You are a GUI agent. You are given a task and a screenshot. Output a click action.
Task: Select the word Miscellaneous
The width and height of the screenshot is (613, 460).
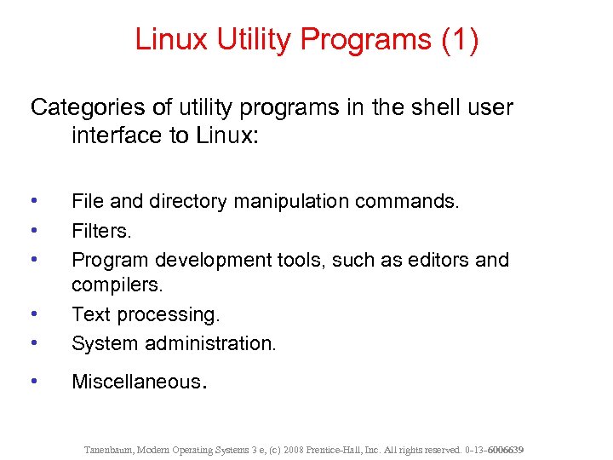coord(136,382)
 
